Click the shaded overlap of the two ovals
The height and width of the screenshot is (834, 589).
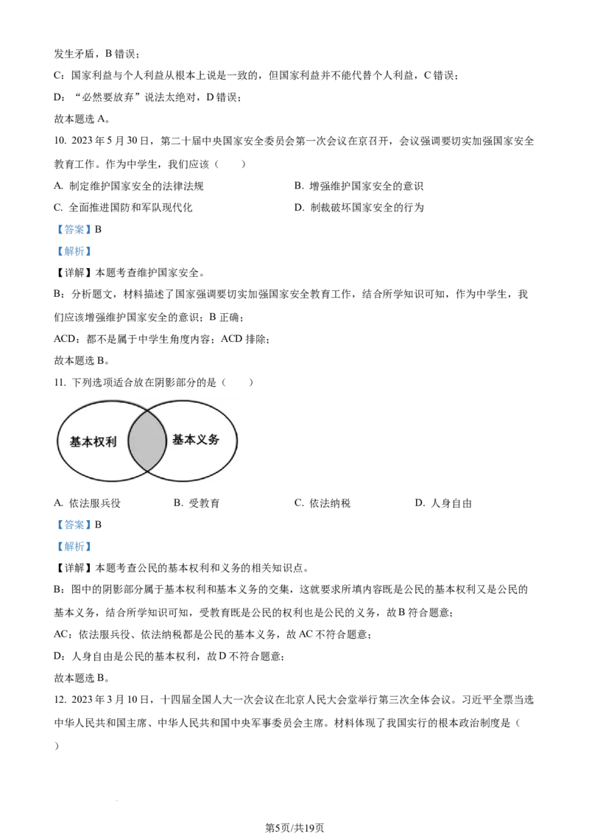pos(147,441)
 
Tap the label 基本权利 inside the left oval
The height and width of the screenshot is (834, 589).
pos(93,441)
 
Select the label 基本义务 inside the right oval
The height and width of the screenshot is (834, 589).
pos(196,439)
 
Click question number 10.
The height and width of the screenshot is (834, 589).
pos(60,141)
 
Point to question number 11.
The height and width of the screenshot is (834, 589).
pos(60,382)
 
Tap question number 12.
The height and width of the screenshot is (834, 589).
pos(60,699)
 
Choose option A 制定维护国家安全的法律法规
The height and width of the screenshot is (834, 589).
pos(129,186)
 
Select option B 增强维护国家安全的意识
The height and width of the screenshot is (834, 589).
pos(359,186)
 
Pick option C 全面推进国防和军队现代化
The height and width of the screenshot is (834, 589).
pos(124,208)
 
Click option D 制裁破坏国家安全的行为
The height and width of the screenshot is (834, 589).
pos(359,208)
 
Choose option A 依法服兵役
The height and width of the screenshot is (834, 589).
pos(88,503)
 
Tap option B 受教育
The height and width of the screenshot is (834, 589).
pos(197,503)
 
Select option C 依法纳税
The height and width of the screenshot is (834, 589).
pos(322,503)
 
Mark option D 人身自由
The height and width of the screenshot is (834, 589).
pos(443,503)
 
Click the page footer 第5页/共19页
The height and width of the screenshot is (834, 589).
pos(294,827)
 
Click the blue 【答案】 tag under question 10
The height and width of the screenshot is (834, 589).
pos(74,230)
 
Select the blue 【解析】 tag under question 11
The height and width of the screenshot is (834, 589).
pos(74,546)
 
